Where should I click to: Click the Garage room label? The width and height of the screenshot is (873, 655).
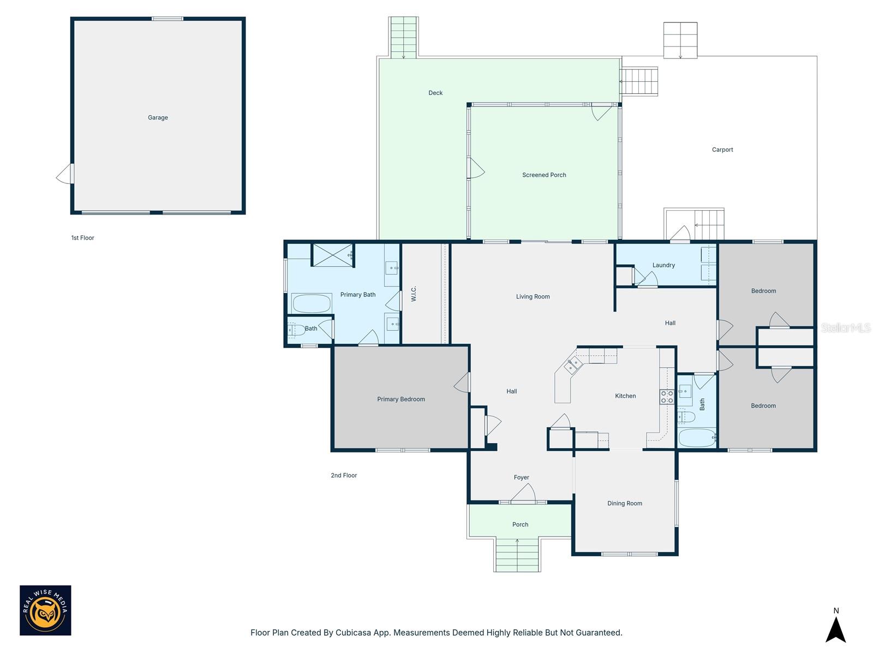[x=158, y=117]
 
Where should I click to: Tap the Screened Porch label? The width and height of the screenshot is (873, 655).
[x=544, y=175]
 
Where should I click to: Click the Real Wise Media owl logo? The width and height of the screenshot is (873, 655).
[x=45, y=610]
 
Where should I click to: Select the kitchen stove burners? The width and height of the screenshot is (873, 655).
[x=667, y=397]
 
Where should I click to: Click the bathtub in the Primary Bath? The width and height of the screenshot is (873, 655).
[x=311, y=303]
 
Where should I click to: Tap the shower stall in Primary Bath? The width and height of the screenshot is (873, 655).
[x=333, y=255]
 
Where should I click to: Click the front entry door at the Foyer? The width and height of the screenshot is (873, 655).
[x=523, y=493]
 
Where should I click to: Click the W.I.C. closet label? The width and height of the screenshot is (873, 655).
[x=414, y=294]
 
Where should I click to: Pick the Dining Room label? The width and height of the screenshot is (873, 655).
[x=625, y=503]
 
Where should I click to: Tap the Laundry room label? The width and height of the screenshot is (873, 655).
[x=663, y=265]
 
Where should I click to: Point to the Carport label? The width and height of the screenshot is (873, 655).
[x=722, y=150]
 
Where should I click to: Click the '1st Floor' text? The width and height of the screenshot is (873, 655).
[x=83, y=238]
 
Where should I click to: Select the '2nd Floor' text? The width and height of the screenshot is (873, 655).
[x=344, y=475]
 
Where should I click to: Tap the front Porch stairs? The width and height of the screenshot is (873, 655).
[x=517, y=555]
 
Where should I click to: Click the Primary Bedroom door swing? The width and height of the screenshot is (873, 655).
[x=463, y=382]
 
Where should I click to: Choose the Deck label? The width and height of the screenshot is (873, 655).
[x=435, y=93]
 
